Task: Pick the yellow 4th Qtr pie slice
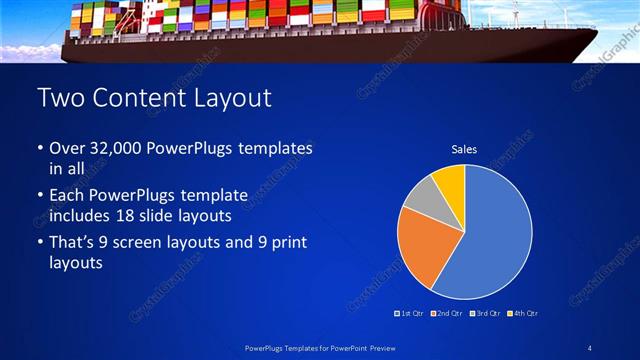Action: [450, 180]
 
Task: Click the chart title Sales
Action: [464, 149]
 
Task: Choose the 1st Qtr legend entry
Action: [410, 314]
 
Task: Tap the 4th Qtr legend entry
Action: [524, 314]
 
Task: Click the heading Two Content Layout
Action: [153, 98]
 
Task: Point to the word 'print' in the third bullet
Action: [281, 242]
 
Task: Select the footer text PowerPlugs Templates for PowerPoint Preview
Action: [319, 347]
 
